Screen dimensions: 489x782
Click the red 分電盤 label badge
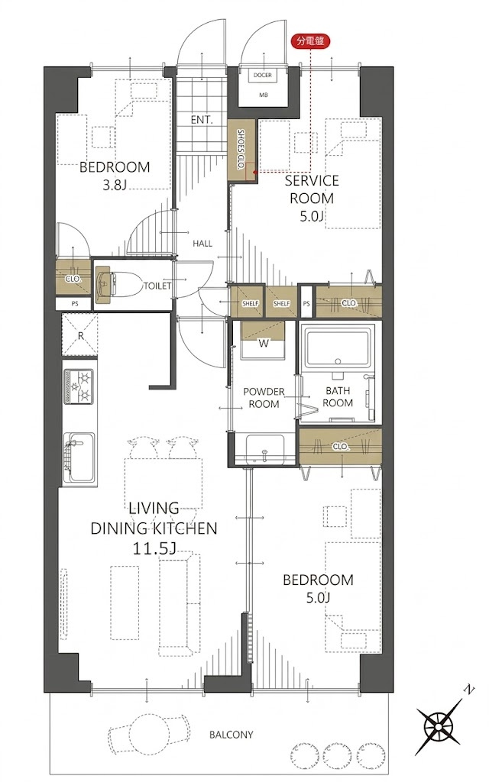pos(310,41)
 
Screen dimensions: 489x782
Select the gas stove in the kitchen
pos(79,386)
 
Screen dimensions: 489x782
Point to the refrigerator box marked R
pos(79,335)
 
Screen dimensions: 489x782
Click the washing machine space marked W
pos(263,341)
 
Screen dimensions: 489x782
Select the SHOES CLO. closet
pos(242,150)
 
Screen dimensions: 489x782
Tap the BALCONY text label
pos(231,735)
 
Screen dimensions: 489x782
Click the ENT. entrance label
pos(202,120)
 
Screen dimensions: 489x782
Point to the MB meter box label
pos(263,95)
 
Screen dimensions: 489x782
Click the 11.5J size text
pos(154,548)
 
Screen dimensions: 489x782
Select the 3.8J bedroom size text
pos(115,186)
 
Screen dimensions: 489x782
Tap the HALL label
pos(202,244)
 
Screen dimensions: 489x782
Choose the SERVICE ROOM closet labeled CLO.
pos(349,302)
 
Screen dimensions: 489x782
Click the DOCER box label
pos(263,76)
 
